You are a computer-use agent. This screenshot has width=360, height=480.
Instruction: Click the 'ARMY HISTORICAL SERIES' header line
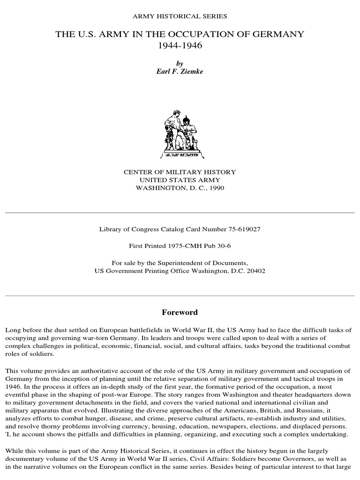(x=180, y=16)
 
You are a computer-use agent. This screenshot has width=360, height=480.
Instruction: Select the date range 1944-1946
(x=180, y=46)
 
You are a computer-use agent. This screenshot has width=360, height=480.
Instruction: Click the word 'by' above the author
(x=180, y=63)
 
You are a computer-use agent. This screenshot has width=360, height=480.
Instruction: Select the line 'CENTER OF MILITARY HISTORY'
(x=180, y=172)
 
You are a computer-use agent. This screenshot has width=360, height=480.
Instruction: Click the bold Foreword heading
(x=180, y=313)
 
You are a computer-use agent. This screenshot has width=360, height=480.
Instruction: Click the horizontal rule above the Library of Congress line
(x=180, y=212)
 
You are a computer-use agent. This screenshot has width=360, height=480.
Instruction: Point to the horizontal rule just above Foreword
(x=180, y=296)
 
